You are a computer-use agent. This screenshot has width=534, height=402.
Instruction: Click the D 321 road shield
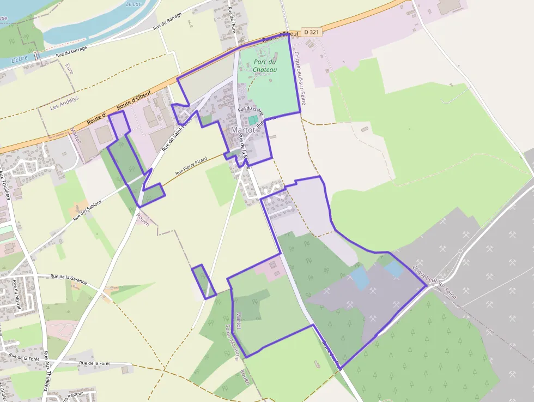point(312,32)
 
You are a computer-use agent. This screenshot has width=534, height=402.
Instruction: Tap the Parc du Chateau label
point(265,66)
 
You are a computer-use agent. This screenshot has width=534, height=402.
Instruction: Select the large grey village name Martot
point(243,130)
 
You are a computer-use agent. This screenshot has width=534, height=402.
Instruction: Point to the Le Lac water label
point(133,4)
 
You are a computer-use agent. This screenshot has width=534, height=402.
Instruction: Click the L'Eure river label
point(19,59)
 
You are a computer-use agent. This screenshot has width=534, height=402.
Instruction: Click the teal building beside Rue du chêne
point(253,119)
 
